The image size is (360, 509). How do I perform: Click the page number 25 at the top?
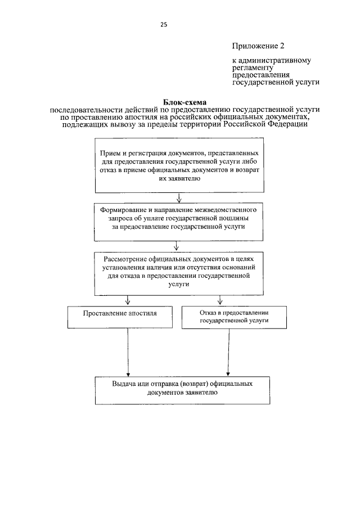point(164,24)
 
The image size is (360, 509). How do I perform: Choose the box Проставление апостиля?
point(120,317)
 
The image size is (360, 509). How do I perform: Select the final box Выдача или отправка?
point(181,389)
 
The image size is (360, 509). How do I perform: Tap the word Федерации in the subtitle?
point(289,124)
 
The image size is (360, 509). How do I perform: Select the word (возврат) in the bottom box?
point(191,384)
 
